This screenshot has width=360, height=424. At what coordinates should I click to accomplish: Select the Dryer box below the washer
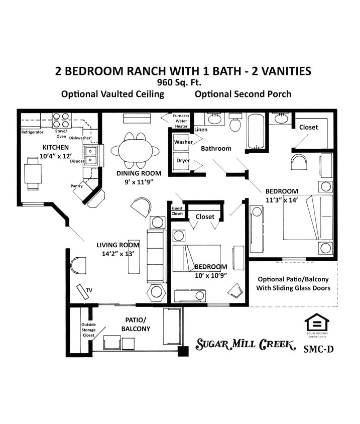coord(183,162)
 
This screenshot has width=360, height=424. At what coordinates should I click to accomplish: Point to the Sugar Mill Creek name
coord(245,345)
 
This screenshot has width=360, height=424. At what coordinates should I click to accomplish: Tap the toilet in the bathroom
coord(235,123)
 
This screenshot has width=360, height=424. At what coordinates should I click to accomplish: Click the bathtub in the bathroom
coord(256,131)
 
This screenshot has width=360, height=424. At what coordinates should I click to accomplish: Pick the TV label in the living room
coord(89,290)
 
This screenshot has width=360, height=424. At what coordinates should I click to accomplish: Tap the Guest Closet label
coord(177,210)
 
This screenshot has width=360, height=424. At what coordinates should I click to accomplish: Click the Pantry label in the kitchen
coord(77,186)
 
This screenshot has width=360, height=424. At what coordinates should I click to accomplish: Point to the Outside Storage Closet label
coord(88,330)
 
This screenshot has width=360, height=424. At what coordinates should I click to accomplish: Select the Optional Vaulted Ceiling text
coord(112,94)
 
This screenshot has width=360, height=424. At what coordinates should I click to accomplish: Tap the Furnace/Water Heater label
coord(181,118)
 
